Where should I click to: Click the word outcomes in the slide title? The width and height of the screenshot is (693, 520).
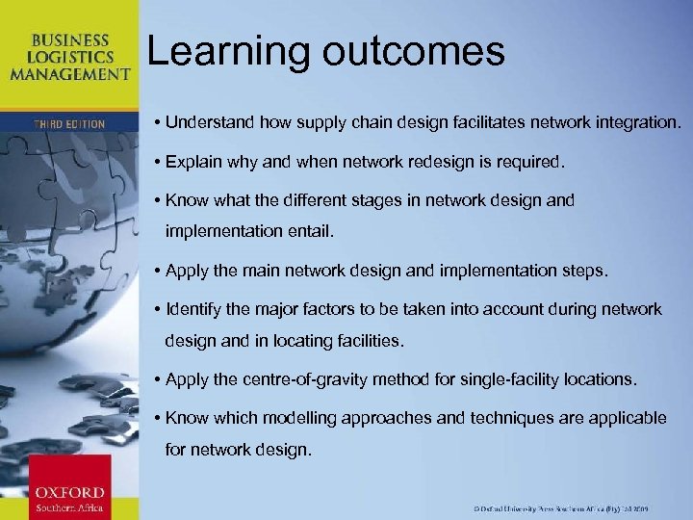(414, 52)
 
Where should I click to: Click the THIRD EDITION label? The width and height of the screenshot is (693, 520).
(68, 123)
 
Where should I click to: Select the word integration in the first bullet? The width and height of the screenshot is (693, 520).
(636, 123)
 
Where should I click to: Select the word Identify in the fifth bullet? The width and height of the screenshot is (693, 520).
(195, 309)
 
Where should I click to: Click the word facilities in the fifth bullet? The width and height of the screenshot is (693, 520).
(371, 341)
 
